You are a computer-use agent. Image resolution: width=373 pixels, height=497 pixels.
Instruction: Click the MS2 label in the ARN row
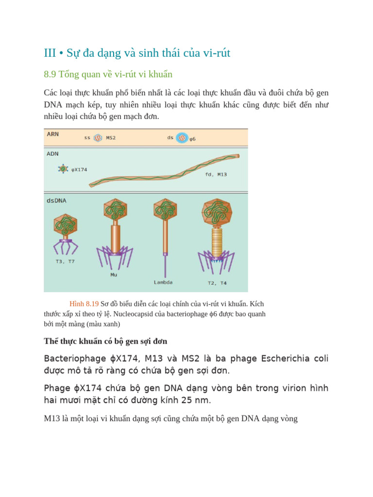[x=111, y=138]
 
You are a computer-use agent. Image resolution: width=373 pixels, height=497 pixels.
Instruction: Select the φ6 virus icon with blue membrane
[x=182, y=138]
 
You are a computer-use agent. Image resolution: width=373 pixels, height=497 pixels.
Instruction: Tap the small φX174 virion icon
[x=63, y=169]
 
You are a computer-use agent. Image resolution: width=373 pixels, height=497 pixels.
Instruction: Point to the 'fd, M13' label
[x=216, y=174]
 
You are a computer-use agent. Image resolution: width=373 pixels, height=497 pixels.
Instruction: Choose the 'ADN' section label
[x=52, y=153]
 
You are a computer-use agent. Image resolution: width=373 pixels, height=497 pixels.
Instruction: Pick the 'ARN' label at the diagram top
[x=53, y=133]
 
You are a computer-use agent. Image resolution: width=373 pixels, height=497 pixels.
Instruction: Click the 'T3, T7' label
[x=65, y=262]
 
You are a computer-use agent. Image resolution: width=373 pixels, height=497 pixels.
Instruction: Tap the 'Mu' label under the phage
[x=114, y=275]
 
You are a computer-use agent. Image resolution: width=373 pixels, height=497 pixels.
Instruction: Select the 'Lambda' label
[x=163, y=282]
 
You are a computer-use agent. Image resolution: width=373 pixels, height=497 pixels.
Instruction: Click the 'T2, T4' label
[x=217, y=283]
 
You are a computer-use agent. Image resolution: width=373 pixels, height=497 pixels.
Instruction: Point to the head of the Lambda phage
[x=165, y=209]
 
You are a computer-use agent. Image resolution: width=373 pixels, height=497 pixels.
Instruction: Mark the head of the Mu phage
[x=115, y=210]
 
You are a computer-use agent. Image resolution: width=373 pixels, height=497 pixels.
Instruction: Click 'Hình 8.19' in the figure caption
[x=84, y=304]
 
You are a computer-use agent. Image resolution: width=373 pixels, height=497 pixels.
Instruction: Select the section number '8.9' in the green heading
[x=50, y=74]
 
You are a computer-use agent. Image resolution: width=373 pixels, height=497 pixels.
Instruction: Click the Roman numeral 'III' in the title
[x=50, y=53]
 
